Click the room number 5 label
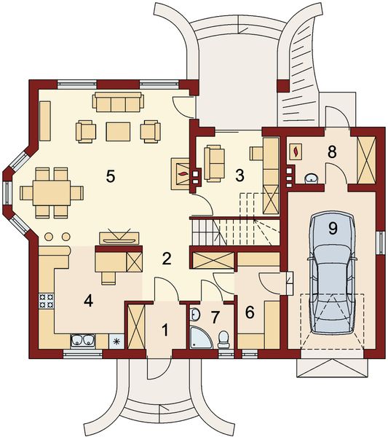click(111, 176)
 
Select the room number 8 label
click(332, 152)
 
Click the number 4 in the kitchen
click(88, 299)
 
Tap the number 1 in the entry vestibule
click(165, 329)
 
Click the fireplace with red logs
click(182, 173)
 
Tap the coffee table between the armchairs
click(118, 130)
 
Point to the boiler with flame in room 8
click(298, 151)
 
